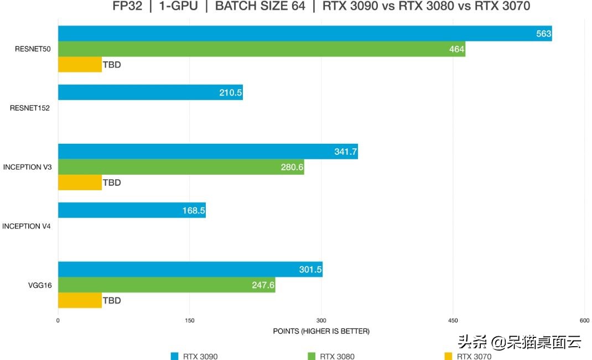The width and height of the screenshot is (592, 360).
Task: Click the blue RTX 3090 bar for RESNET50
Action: [x=304, y=34]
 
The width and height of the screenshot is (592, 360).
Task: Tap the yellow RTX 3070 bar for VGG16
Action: [x=80, y=301]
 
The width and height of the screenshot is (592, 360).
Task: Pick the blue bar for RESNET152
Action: [x=150, y=92]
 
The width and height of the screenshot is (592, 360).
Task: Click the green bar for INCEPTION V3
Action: [x=181, y=167]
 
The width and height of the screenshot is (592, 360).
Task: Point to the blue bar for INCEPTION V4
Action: [x=132, y=210]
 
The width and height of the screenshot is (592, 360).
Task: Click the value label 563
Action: [x=543, y=34]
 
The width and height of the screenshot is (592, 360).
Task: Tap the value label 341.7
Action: [x=345, y=152]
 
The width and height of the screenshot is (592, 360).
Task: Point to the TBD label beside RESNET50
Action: [x=112, y=65]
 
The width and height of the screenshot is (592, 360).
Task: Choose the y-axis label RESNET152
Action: [x=30, y=108]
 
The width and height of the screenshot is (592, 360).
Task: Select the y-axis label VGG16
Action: [x=40, y=285]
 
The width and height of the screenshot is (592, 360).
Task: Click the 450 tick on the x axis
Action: [x=453, y=321]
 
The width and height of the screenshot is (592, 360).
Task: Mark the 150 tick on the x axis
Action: [x=190, y=321]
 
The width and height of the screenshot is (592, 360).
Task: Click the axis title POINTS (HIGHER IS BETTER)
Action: [x=321, y=331]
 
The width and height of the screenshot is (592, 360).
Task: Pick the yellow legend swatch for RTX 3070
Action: [x=449, y=356]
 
